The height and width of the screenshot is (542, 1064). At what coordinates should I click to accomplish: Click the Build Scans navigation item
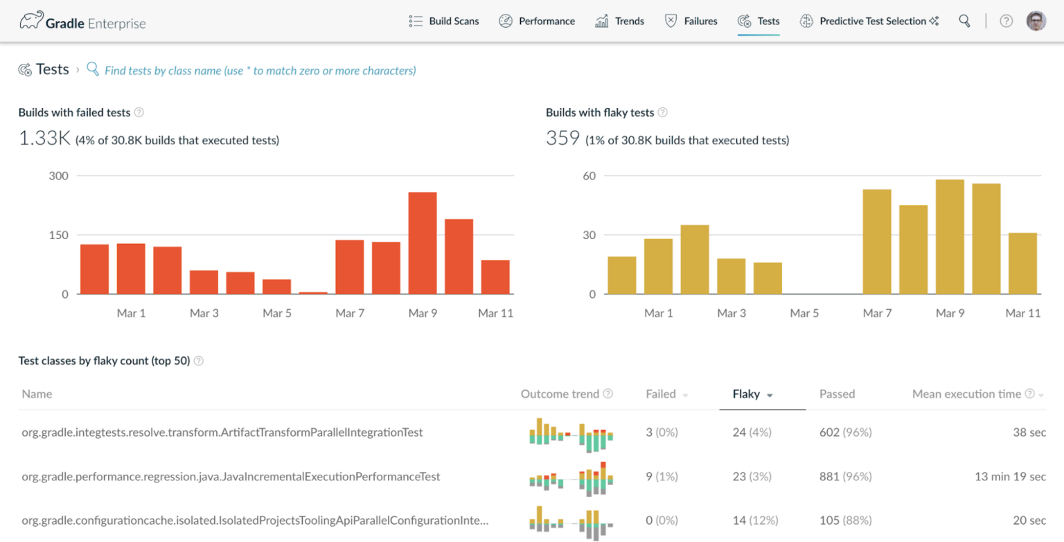coord(444,21)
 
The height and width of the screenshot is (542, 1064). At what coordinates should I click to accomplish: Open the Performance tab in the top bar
coord(537,21)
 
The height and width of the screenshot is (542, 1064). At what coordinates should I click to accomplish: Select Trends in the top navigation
coord(620,21)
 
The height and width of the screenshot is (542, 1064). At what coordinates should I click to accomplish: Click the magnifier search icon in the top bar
coord(964,21)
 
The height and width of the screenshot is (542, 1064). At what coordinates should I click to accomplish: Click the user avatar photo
coord(1036,21)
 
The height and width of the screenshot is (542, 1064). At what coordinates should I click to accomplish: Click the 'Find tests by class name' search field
coord(260,71)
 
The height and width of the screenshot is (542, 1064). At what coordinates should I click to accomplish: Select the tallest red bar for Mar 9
coord(423,243)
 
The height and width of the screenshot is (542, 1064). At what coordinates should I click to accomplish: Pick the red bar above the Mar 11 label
coord(495,277)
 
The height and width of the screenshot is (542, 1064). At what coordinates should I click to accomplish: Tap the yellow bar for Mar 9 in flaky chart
coord(950,236)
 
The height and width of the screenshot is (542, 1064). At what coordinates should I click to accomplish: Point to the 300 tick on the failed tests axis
coord(58,176)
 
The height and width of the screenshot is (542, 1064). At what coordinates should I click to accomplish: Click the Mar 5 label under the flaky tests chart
coord(804,313)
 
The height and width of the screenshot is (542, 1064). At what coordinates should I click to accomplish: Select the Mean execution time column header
coord(966,394)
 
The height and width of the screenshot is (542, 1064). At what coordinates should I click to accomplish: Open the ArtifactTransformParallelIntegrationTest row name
coord(222,432)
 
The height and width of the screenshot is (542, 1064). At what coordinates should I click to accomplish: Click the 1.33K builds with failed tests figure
coord(44,139)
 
